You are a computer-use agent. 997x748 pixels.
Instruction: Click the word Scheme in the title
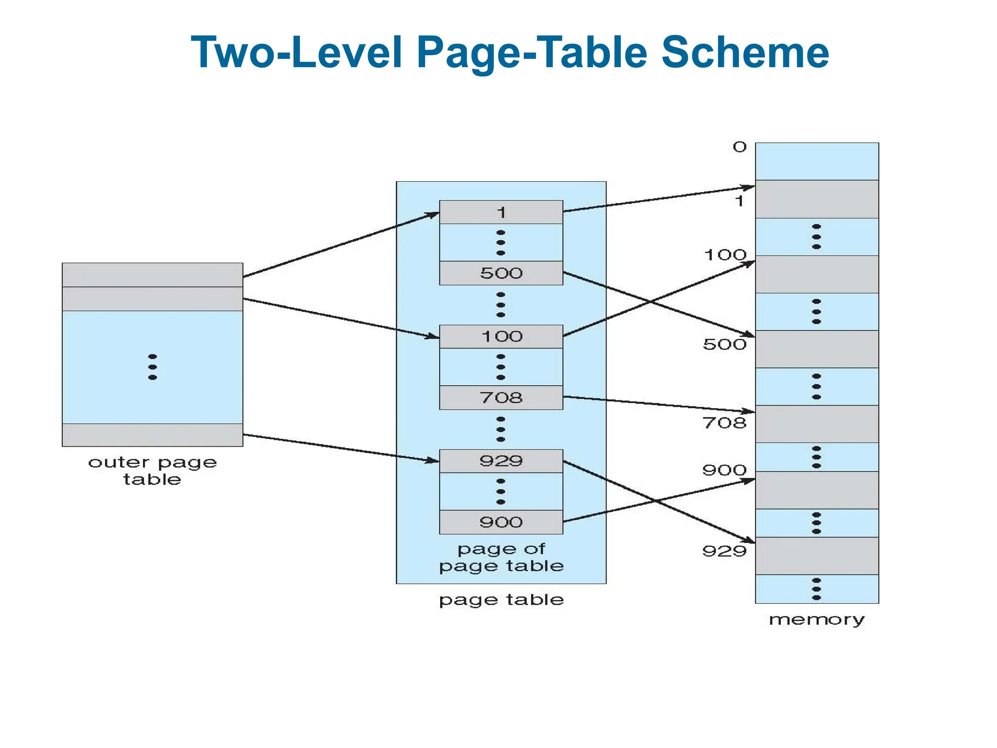(745, 53)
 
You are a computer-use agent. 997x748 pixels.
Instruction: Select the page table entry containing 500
(501, 273)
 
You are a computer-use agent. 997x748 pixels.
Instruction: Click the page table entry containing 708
(501, 398)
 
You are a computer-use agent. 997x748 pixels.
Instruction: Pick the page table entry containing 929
(501, 461)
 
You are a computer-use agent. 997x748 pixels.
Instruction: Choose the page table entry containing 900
(501, 523)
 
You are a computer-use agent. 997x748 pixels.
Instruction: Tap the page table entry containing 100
(501, 337)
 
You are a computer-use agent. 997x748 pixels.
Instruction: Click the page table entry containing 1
(501, 212)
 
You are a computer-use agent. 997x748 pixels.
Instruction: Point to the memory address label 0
(739, 147)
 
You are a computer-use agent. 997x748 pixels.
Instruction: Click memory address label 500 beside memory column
(724, 345)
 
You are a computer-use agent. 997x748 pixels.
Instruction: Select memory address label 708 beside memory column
(724, 423)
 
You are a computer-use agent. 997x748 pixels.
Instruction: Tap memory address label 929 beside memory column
(724, 551)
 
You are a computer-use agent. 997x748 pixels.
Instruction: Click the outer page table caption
(152, 470)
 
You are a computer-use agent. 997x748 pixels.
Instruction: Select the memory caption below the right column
(816, 620)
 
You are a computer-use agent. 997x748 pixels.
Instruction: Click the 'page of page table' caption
(501, 558)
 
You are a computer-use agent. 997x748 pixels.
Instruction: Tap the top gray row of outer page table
(152, 275)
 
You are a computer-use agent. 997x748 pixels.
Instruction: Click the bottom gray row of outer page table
(152, 435)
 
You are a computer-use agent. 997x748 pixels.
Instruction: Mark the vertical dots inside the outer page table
(152, 367)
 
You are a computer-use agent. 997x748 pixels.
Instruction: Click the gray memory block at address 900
(816, 490)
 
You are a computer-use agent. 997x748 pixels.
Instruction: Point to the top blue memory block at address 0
(816, 161)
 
